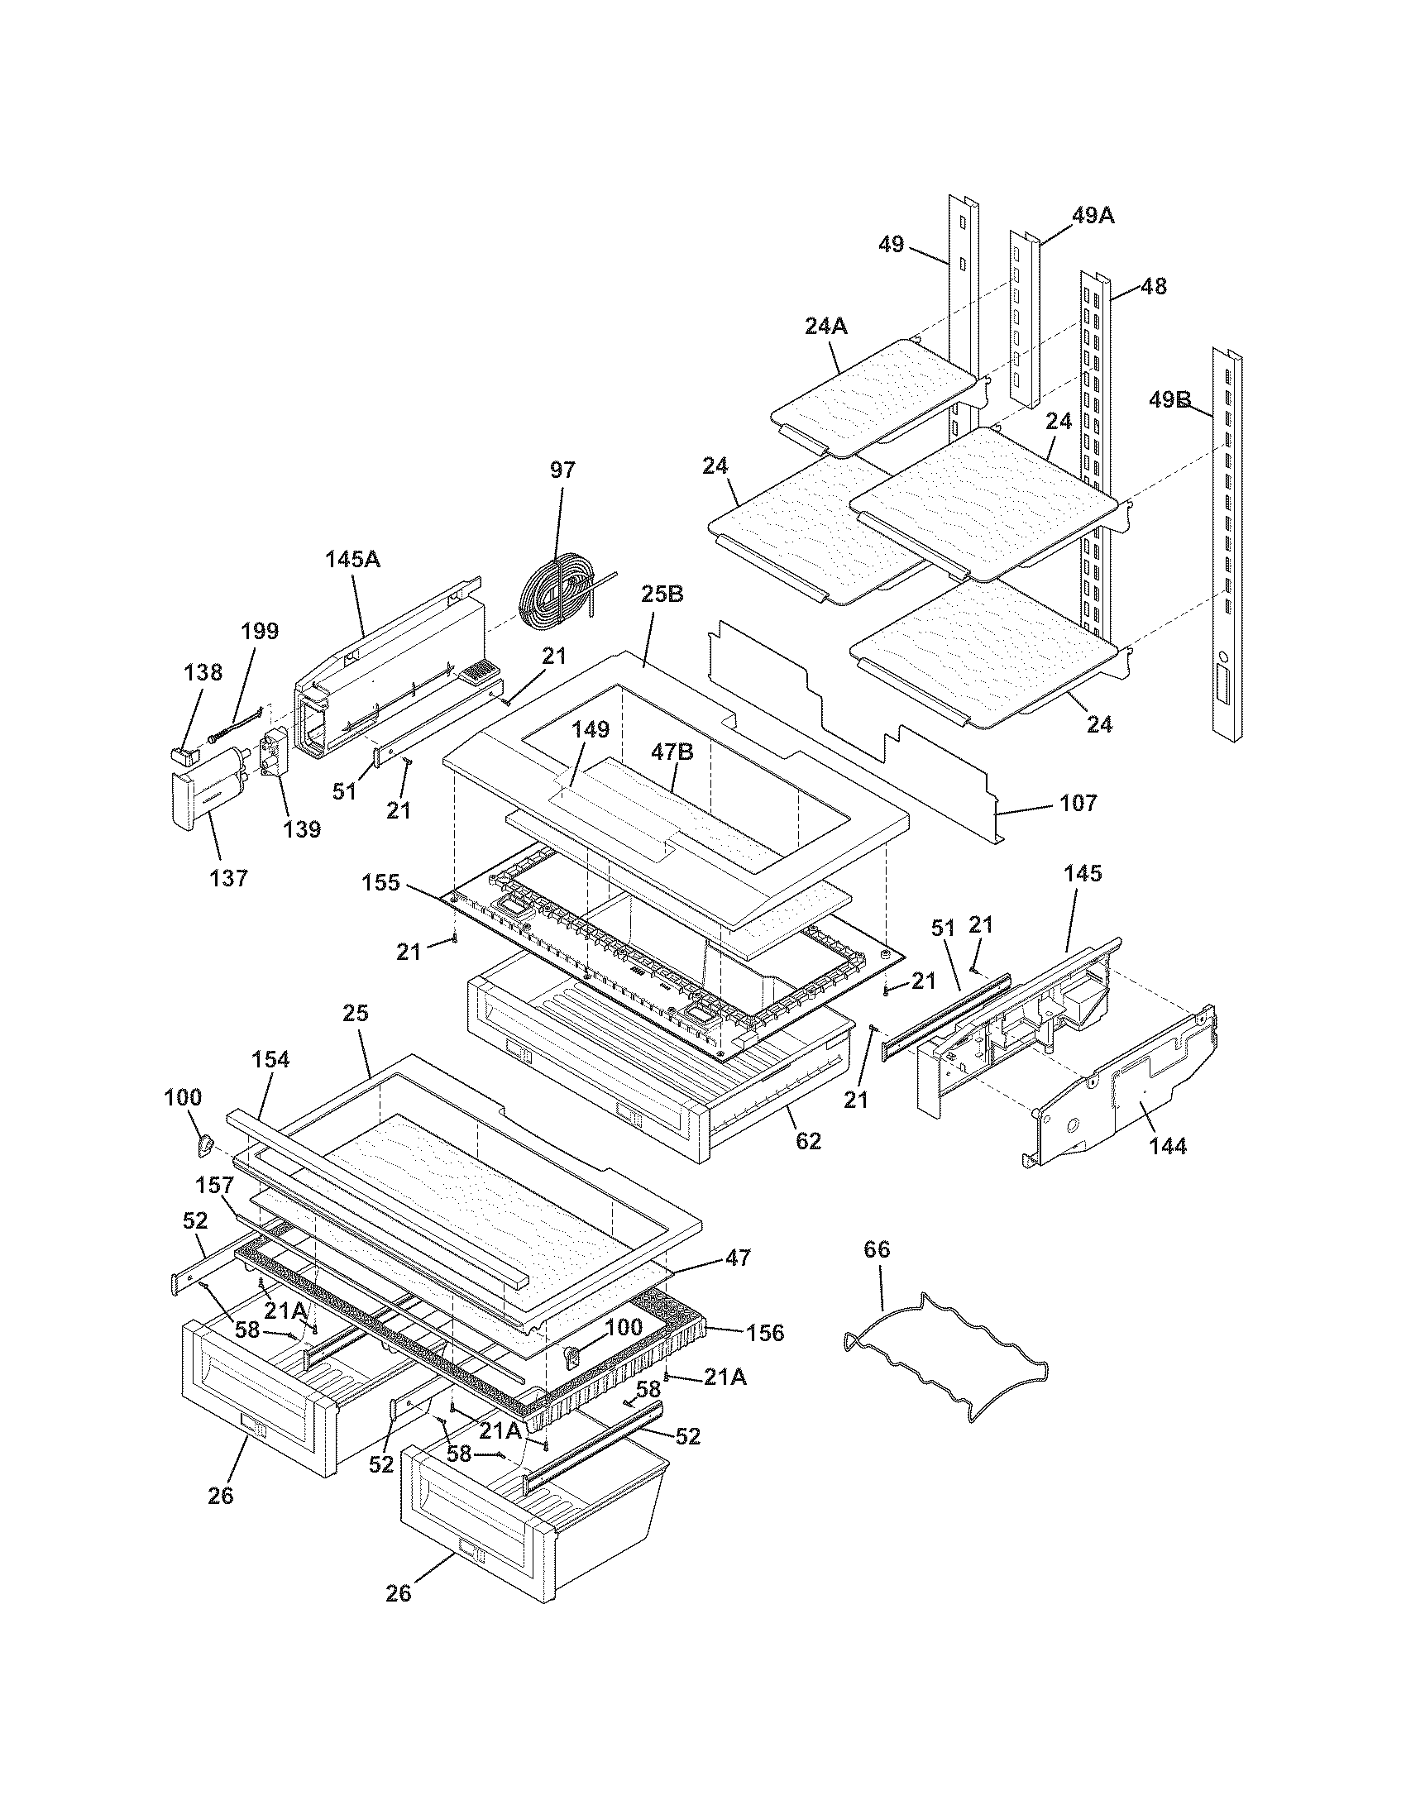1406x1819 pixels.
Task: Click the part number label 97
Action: click(x=562, y=470)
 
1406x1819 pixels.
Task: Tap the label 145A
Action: click(x=352, y=559)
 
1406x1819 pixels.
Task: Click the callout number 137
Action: click(x=229, y=877)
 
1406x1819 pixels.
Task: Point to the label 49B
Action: click(x=1169, y=400)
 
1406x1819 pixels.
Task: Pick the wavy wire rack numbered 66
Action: click(x=946, y=1355)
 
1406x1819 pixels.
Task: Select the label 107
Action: click(x=1078, y=803)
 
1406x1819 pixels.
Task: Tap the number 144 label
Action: click(x=1167, y=1146)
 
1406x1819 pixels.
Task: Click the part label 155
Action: click(x=380, y=882)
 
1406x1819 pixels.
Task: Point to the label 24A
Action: click(x=826, y=327)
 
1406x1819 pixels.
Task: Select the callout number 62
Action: click(x=808, y=1140)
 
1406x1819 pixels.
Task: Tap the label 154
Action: click(x=270, y=1059)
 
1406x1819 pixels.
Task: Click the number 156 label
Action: click(x=765, y=1333)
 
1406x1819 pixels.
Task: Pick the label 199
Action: click(x=260, y=631)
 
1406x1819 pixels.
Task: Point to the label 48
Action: click(x=1153, y=287)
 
